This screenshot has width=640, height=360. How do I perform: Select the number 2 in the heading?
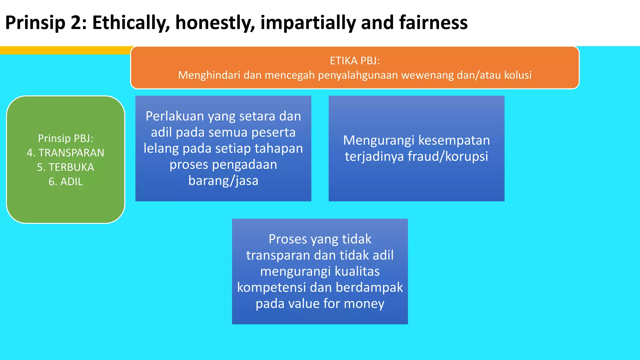[76, 23]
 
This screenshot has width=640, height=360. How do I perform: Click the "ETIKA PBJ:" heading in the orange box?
[355, 61]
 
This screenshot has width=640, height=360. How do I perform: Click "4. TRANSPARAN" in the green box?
[65, 153]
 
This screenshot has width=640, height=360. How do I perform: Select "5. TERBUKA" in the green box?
[65, 167]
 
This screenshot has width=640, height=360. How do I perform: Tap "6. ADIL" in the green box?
[65, 182]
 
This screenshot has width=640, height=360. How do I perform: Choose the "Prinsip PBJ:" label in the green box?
[65, 138]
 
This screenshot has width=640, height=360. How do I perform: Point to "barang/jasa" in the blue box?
[223, 181]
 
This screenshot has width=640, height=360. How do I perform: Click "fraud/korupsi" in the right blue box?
[447, 156]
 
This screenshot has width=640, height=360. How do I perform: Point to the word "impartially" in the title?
[308, 23]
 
